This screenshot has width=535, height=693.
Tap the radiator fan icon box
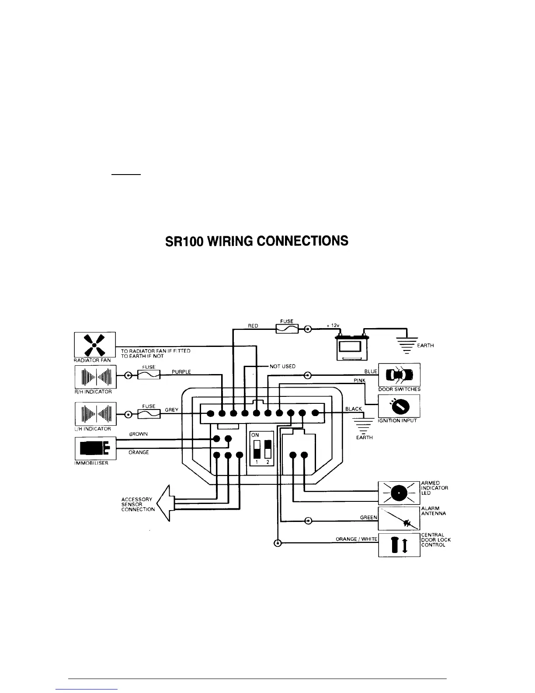tap(95, 345)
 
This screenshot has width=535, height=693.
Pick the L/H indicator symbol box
tap(95, 413)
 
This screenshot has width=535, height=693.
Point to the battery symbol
tap(351, 348)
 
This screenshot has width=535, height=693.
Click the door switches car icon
tap(399, 375)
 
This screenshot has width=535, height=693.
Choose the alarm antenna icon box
tap(399, 518)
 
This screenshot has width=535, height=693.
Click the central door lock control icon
tap(399, 545)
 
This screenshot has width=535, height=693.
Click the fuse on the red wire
tap(287, 329)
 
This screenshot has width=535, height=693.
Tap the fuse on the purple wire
tap(149, 375)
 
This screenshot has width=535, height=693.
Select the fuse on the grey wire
tap(149, 413)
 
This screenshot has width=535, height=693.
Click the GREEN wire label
tap(368, 517)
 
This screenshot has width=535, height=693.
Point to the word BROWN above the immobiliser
tap(139, 434)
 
